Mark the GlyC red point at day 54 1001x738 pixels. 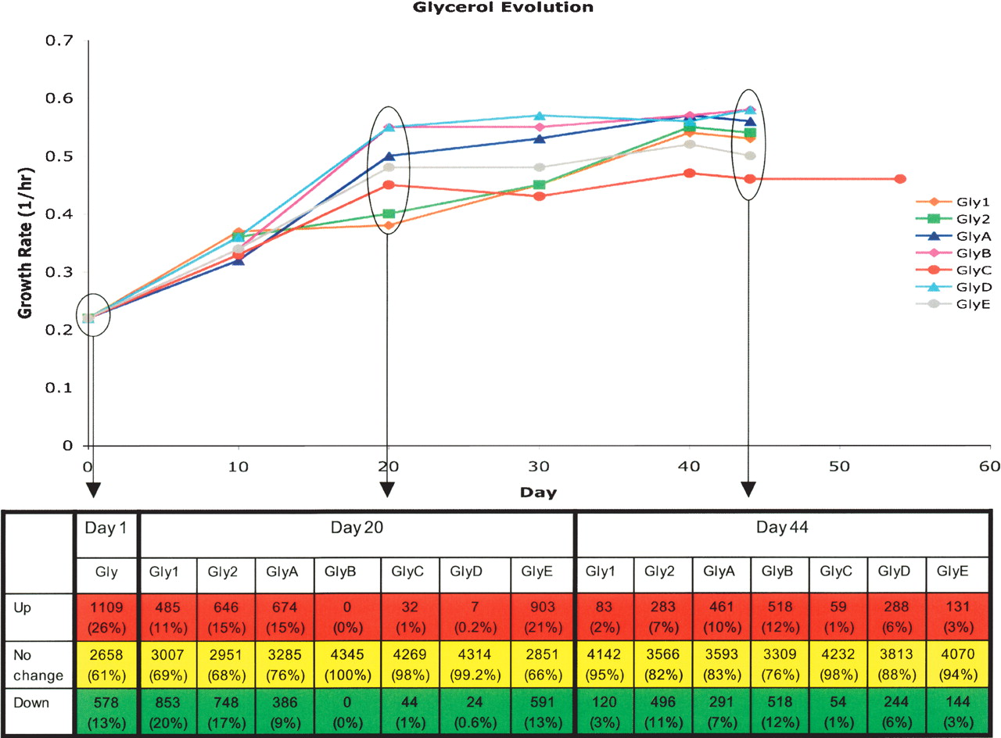point(900,179)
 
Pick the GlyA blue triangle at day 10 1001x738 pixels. point(239,260)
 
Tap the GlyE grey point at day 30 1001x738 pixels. point(539,167)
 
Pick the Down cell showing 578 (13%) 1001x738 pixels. point(106,711)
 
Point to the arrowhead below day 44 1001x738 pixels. point(749,490)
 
